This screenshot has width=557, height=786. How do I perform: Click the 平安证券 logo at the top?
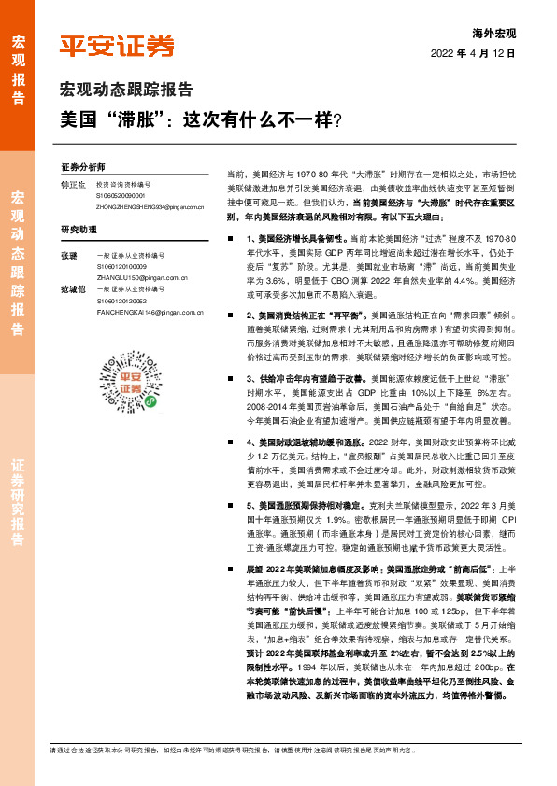[117, 45]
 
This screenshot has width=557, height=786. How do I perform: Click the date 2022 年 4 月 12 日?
[474, 55]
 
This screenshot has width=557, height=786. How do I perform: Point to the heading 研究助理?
[79, 229]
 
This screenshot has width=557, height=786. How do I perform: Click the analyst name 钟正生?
[73, 184]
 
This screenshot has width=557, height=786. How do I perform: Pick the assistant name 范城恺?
[73, 290]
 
